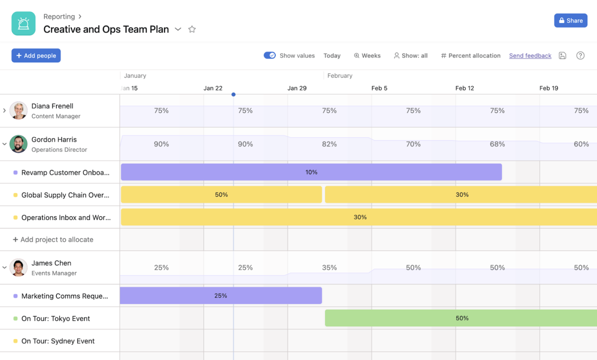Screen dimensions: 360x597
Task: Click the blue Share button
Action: click(571, 20)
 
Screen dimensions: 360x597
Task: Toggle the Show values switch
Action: click(270, 55)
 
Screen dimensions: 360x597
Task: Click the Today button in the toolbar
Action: click(332, 55)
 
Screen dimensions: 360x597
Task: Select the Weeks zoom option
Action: click(367, 55)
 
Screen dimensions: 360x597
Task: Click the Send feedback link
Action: click(530, 55)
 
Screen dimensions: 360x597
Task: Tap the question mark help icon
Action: click(580, 55)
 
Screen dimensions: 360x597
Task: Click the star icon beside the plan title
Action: click(192, 29)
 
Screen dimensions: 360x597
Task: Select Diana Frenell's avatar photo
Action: click(18, 110)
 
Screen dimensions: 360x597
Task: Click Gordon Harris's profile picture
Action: click(18, 144)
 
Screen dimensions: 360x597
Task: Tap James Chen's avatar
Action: click(18, 267)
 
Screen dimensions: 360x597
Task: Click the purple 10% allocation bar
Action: click(311, 172)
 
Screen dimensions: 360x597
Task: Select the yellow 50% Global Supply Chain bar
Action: click(221, 195)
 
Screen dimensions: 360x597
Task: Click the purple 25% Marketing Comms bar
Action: click(220, 296)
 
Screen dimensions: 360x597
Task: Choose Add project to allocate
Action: click(53, 240)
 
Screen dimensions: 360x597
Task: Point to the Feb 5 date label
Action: click(379, 88)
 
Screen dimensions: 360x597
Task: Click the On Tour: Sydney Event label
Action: click(58, 341)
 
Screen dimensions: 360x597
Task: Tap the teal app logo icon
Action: click(23, 23)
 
